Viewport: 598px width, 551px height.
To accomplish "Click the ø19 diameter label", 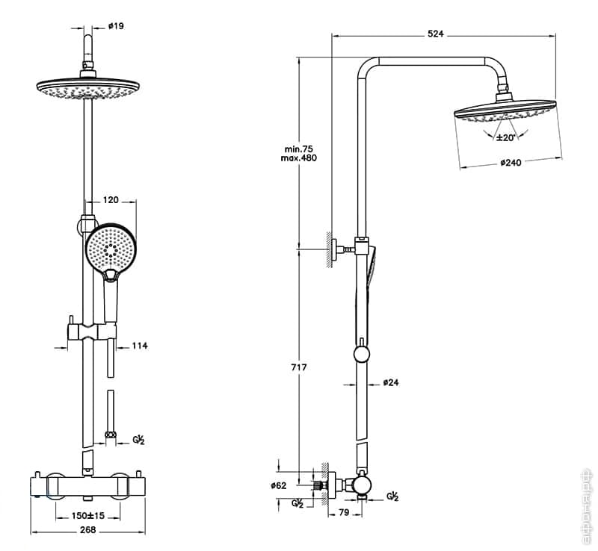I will [116, 26].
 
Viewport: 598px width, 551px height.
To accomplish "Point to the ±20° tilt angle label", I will [506, 138].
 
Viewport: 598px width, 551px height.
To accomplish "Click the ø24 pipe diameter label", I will [391, 383].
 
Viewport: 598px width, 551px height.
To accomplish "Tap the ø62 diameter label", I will [278, 485].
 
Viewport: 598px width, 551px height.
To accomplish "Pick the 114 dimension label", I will [141, 346].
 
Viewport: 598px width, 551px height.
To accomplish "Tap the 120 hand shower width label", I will [111, 200].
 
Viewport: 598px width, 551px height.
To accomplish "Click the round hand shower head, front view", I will [110, 250].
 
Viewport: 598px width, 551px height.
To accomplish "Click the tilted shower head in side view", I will [505, 112].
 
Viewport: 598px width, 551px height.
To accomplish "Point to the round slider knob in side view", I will [362, 353].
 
